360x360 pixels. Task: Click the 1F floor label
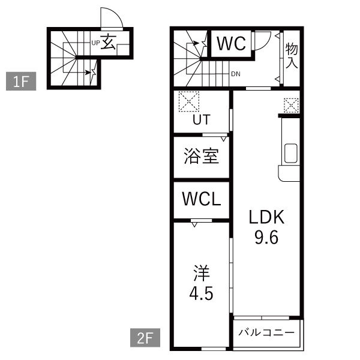[21, 81]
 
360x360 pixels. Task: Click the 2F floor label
[145, 337]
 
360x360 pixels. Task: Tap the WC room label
[231, 43]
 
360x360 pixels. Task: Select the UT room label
[202, 119]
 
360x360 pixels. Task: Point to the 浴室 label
[202, 156]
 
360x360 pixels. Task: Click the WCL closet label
[202, 199]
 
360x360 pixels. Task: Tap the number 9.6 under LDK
[266, 237]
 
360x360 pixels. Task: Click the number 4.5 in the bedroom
[202, 293]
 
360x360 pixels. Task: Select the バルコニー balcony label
[266, 332]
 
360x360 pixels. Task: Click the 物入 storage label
[292, 56]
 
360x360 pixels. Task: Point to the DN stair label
[236, 74]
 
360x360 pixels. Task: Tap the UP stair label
[96, 43]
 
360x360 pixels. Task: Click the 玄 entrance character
[108, 42]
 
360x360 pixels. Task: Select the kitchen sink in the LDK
[290, 154]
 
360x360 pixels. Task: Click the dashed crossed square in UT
[189, 101]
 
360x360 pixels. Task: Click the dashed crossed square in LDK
[292, 106]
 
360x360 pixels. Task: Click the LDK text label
[266, 217]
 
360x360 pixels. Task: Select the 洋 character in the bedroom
[202, 273]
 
